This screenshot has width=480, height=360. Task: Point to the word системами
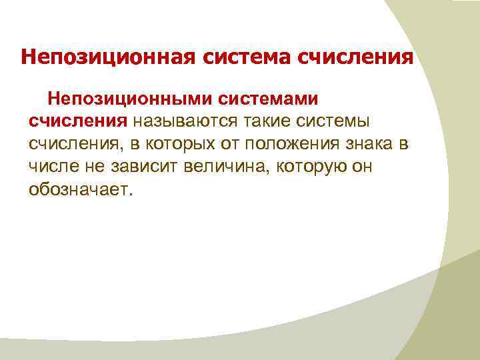tap(268, 99)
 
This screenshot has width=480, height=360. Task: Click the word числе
tap(52, 167)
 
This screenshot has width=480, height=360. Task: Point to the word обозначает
tap(81, 189)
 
